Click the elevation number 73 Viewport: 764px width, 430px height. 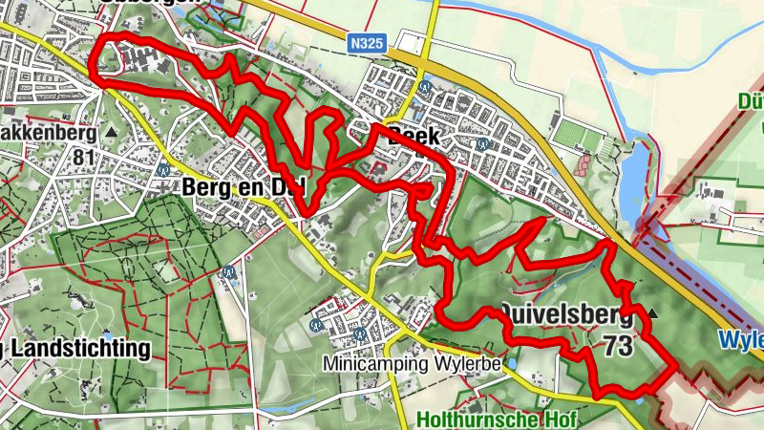(618, 345)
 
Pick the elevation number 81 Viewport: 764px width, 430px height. (85, 157)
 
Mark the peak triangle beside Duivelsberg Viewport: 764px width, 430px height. (653, 312)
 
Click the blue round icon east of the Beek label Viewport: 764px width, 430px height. (484, 144)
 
